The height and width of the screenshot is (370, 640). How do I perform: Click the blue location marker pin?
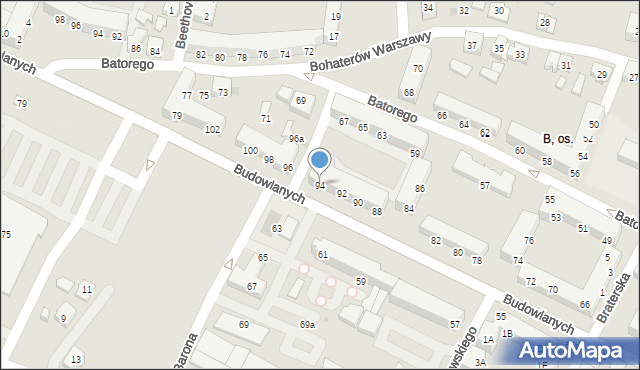(x=320, y=161)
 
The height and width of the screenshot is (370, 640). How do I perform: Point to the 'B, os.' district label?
(x=556, y=139)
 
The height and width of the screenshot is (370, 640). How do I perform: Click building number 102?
(x=212, y=130)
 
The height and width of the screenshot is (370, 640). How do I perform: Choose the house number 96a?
(x=296, y=139)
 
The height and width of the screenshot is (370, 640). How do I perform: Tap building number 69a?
(x=307, y=325)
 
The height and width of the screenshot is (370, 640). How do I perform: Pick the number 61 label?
(x=323, y=255)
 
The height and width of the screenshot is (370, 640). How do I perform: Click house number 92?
(x=342, y=194)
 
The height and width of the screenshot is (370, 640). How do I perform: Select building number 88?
(x=377, y=211)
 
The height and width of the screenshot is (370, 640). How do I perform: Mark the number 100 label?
(x=249, y=150)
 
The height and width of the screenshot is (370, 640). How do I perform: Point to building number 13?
(x=76, y=359)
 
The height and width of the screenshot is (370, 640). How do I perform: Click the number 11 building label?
(x=87, y=290)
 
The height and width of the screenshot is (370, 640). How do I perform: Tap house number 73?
(x=223, y=92)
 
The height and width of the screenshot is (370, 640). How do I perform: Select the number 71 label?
(x=266, y=119)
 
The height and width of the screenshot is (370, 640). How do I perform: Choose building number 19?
(x=334, y=17)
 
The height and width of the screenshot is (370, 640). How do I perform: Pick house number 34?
(x=428, y=8)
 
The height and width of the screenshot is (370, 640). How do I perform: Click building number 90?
(x=358, y=203)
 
